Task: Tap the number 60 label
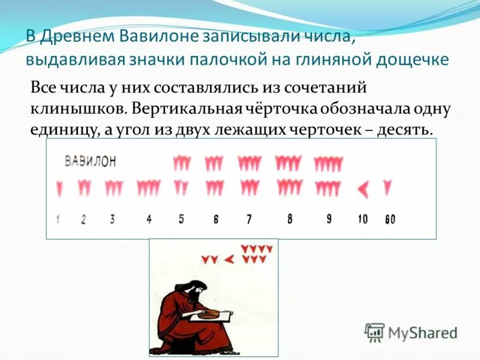pos(390,220)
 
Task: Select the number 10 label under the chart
pos(362,219)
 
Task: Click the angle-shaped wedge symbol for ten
pos(364,190)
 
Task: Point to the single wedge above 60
pos(388,188)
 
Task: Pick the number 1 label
pos(58,219)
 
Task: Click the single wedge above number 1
pos(59,188)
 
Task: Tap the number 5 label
pos(181,219)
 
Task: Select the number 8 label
pos(290,219)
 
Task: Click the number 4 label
pos(149,219)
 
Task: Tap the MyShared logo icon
pos(375,332)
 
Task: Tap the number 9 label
pos(329,219)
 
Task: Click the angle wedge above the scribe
pos(229,259)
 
